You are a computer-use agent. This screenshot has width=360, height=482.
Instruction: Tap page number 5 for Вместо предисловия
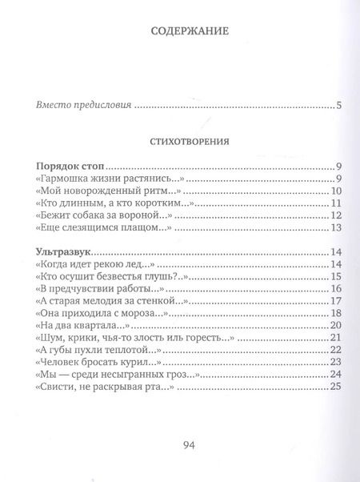pyautogui.click(x=339, y=105)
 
